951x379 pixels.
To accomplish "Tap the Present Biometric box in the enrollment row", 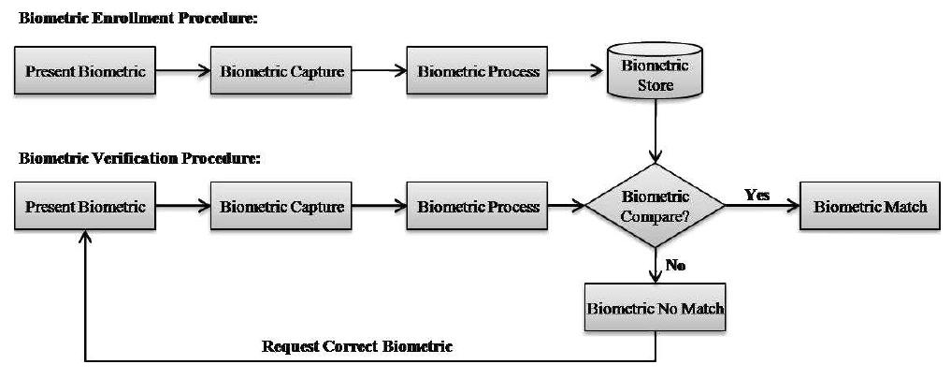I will (85, 72).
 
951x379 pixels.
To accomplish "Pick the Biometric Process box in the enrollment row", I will (478, 72).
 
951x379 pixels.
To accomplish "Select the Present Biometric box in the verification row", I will (85, 206).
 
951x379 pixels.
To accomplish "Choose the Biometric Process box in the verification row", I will (478, 206).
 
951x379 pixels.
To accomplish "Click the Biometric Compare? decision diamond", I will (655, 206).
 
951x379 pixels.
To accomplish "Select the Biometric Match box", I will (870, 206).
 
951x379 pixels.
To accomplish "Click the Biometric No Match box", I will (655, 309).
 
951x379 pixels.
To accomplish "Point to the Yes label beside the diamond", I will (756, 194).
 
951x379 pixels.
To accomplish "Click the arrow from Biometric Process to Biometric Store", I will (577, 72).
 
